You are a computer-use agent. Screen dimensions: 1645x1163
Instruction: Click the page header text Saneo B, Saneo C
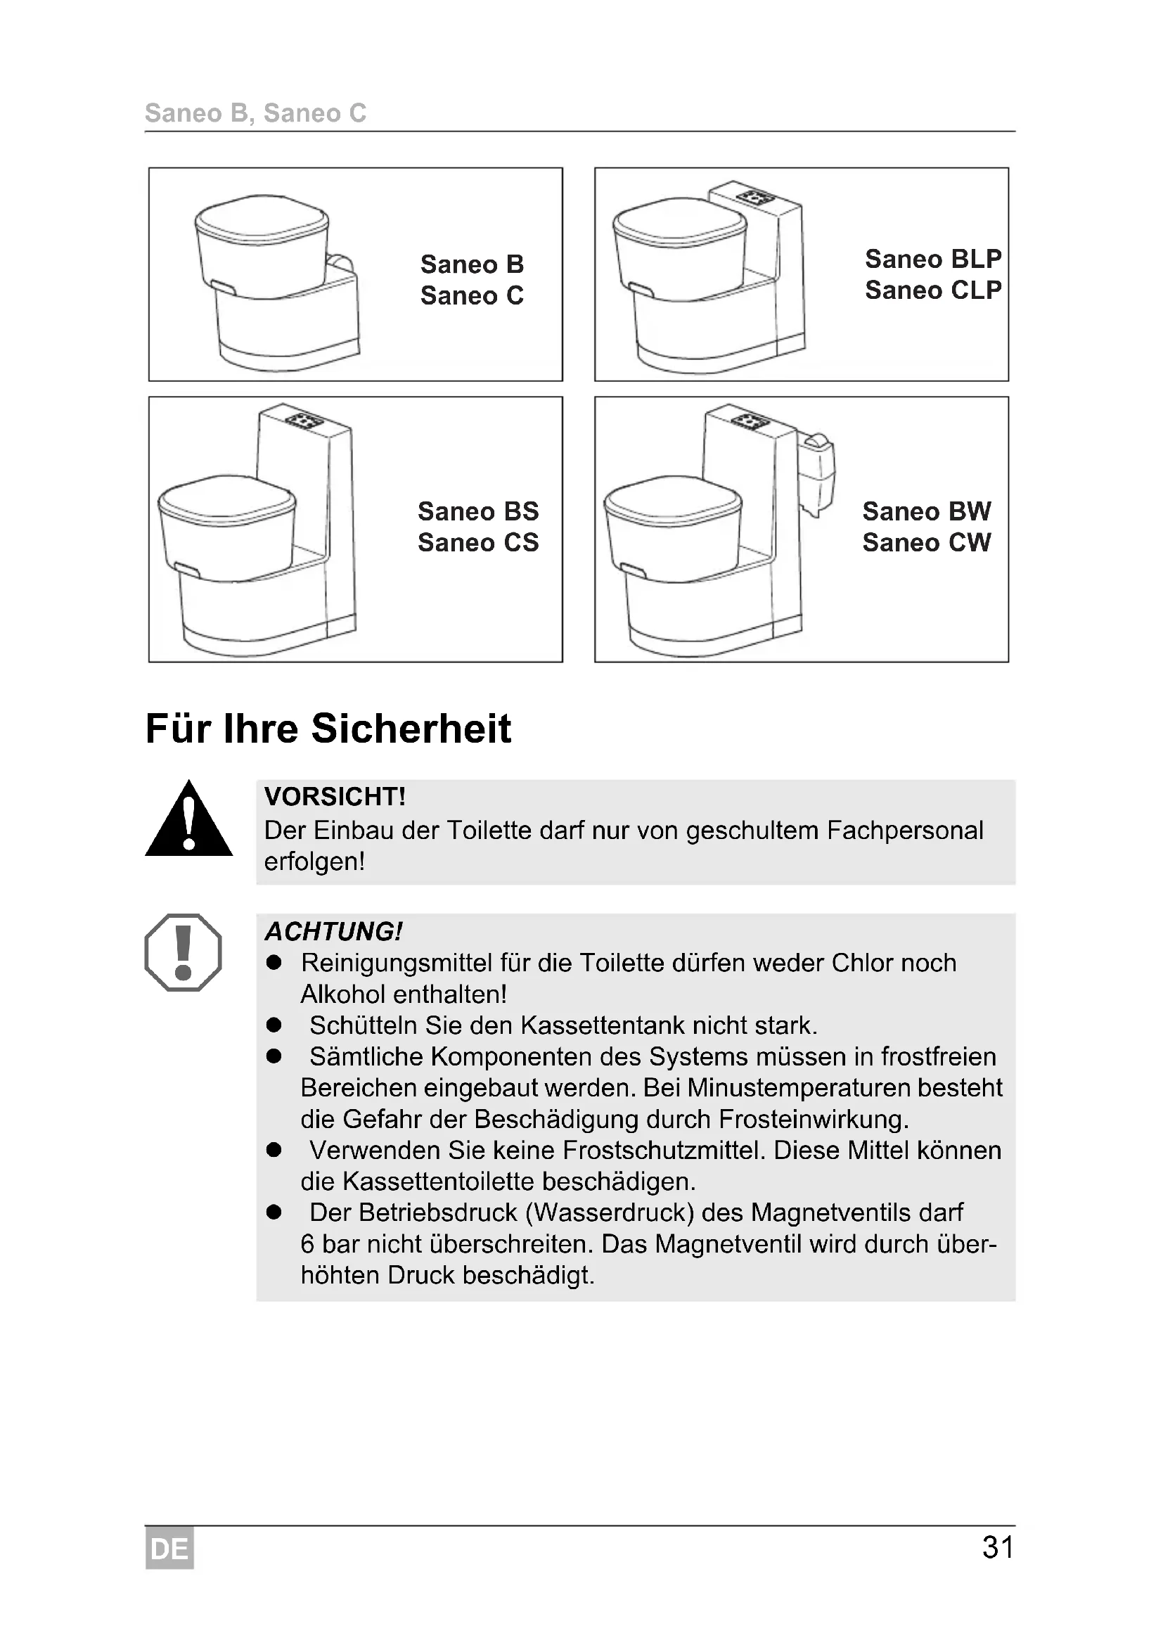[x=255, y=113]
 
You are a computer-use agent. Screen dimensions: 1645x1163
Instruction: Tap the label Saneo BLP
[x=932, y=259]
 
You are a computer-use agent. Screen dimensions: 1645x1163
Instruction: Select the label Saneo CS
[x=477, y=542]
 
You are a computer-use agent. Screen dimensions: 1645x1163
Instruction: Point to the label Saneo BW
[x=926, y=511]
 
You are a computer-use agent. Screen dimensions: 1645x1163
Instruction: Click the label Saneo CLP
[x=932, y=290]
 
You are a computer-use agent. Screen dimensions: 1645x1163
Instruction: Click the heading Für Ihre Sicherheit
[x=328, y=729]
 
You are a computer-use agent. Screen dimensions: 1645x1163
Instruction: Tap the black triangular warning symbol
[x=188, y=821]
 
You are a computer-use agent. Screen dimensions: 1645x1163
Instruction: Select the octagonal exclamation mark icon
[x=184, y=952]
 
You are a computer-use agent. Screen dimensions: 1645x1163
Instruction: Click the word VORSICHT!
[x=335, y=797]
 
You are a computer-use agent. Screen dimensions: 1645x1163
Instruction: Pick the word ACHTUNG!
[x=333, y=931]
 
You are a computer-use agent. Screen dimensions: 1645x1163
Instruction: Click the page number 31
[x=997, y=1547]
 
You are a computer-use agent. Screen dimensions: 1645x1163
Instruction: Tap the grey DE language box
[x=169, y=1549]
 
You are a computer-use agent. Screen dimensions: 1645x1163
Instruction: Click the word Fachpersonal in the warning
[x=904, y=831]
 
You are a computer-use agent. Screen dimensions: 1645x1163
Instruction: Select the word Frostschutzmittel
[x=664, y=1150]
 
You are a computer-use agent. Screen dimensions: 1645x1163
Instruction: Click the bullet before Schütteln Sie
[x=274, y=1025]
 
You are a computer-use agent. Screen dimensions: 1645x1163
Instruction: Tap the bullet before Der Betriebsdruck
[x=274, y=1212]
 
